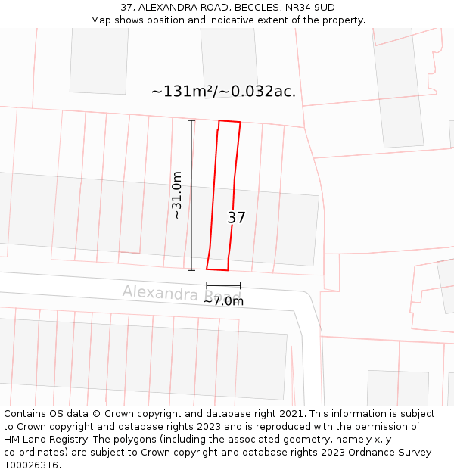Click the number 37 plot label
[x=236, y=218]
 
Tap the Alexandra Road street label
[x=182, y=293]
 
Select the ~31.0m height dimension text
[x=177, y=195]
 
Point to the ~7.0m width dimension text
[x=223, y=301]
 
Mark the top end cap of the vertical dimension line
[x=191, y=121]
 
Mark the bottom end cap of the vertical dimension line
[x=191, y=269]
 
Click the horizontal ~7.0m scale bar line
[x=223, y=285]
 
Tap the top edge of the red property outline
[x=229, y=121]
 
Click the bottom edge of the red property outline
[x=217, y=269]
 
